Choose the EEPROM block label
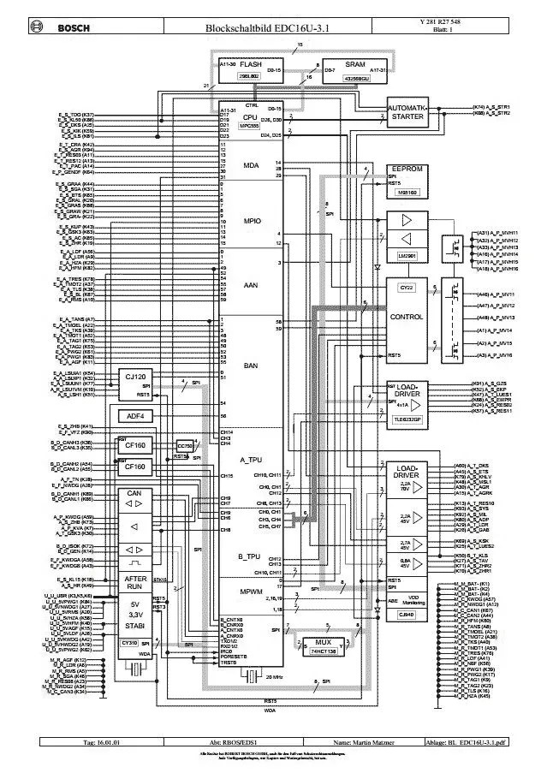pyautogui.click(x=407, y=169)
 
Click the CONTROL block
pyautogui.click(x=406, y=317)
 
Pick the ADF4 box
pyautogui.click(x=135, y=416)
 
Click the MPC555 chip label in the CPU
pyautogui.click(x=250, y=126)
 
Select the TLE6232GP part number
pyautogui.click(x=405, y=419)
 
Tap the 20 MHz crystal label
pyautogui.click(x=251, y=676)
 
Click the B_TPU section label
pyautogui.click(x=249, y=556)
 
